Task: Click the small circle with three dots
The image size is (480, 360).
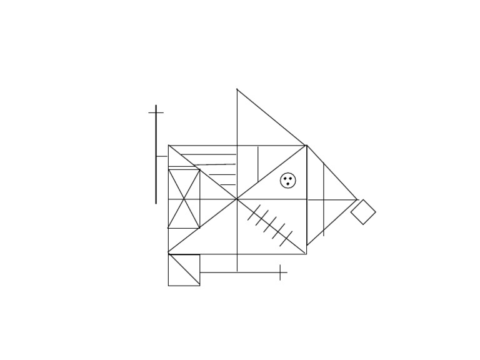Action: (288, 181)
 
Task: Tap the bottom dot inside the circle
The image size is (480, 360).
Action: (288, 184)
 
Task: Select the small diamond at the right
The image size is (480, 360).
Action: (363, 212)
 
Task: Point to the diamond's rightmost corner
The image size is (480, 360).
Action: (376, 211)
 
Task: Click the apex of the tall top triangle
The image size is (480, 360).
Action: (237, 89)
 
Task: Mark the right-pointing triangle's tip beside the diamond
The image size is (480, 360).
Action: (357, 200)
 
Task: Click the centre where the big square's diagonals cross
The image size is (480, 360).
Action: (237, 199)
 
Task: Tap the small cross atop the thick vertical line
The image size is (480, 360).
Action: (156, 112)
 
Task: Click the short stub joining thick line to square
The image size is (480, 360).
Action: (162, 156)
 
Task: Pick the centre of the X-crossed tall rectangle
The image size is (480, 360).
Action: (184, 199)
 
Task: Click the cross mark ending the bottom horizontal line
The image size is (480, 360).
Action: (281, 272)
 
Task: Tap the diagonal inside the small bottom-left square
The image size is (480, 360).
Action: (184, 270)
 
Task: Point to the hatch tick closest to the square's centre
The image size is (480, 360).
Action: (254, 213)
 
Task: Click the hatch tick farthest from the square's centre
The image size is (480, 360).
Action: (286, 239)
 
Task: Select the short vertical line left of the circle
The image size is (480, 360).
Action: (257, 164)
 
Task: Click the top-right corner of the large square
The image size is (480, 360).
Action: (306, 146)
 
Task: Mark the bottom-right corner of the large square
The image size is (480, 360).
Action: (306, 254)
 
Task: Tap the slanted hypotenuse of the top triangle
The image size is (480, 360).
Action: (272, 117)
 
